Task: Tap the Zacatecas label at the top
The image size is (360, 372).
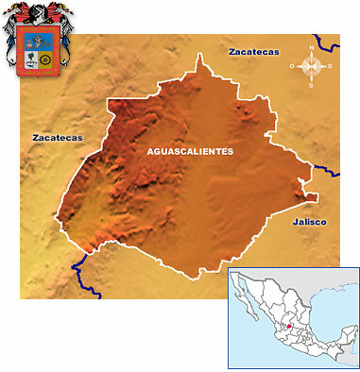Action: coord(253,52)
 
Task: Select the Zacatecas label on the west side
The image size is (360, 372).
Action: coord(57,137)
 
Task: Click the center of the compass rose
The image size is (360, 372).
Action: coord(316,66)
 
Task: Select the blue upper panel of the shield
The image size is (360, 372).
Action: coord(39,42)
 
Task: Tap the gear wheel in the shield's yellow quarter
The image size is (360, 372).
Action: coord(46,61)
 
